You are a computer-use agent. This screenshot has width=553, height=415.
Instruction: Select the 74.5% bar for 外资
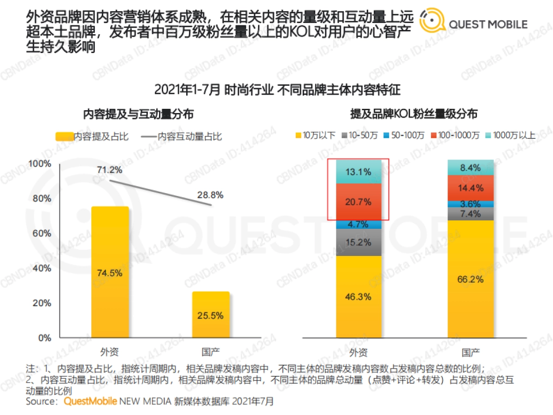point(110,272)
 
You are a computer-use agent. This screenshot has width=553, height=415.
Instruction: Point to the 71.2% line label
point(110,170)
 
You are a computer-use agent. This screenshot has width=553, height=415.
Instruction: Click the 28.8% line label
point(211,195)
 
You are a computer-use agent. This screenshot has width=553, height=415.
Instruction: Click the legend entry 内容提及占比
point(92,137)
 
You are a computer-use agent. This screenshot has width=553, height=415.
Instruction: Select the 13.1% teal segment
point(359,172)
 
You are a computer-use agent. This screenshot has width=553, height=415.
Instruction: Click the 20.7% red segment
point(359,202)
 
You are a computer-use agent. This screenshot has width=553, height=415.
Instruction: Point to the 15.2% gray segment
point(359,242)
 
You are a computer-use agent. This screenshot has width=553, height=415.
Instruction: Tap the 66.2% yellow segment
point(471,279)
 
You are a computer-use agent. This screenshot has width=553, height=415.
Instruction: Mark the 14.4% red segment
point(471,188)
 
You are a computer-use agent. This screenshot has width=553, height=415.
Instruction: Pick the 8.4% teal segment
point(471,168)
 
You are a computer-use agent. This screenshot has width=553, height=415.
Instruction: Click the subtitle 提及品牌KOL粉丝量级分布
point(414,113)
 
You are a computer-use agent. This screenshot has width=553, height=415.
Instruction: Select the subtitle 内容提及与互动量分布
point(138,113)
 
